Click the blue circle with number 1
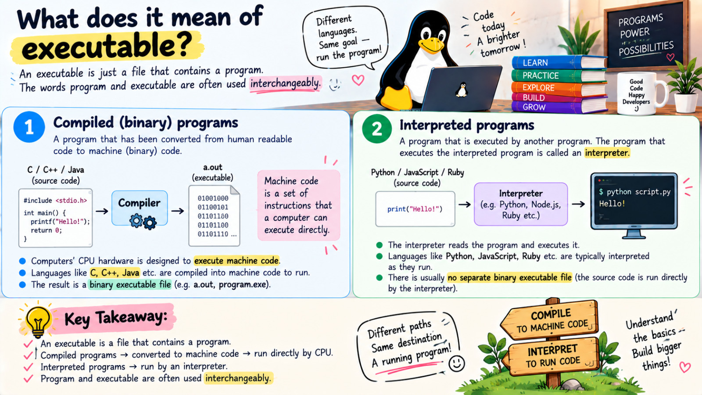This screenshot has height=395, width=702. coord(29,127)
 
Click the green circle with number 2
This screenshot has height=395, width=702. coord(377,129)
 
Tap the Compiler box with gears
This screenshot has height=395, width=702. coord(140,208)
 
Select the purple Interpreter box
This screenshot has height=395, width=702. coord(520,204)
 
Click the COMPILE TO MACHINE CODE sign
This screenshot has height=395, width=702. coord(551,320)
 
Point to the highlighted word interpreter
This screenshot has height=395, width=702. coord(607,153)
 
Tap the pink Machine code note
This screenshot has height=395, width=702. coord(298,205)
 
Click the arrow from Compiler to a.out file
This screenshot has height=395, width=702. coord(177,211)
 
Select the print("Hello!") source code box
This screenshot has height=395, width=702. coord(415,209)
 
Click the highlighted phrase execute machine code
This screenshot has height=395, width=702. coord(236,261)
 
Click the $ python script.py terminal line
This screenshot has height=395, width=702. coord(634,192)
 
